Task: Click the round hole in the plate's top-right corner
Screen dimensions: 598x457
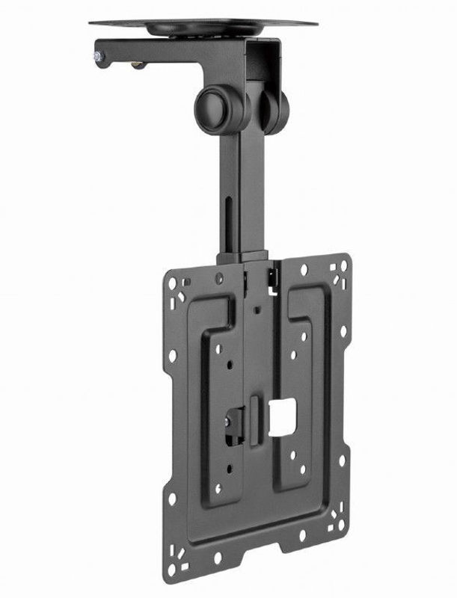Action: coord(343,264)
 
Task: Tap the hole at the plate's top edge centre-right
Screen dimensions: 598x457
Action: coord(303,268)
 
